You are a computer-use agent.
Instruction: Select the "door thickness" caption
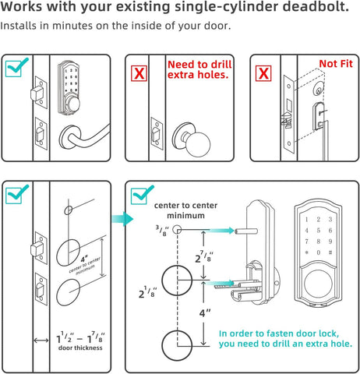click(x=80, y=347)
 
